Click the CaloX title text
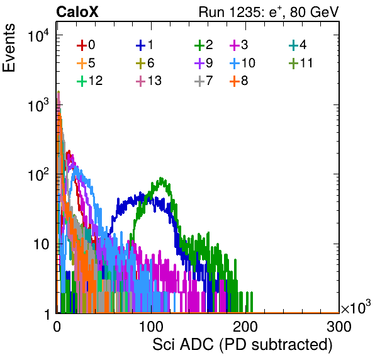[77, 12]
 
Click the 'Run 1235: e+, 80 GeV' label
[269, 12]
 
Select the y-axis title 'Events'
[9, 48]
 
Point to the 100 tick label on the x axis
[151, 327]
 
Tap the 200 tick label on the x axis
[245, 327]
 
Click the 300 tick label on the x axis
[339, 327]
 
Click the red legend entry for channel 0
[86, 45]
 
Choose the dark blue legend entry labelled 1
[145, 45]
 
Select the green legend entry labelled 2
[204, 45]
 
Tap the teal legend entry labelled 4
[298, 45]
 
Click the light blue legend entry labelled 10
[242, 63]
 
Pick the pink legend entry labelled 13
[148, 81]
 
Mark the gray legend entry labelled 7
[204, 81]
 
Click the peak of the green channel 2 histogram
[161, 178]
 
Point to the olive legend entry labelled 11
[301, 63]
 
